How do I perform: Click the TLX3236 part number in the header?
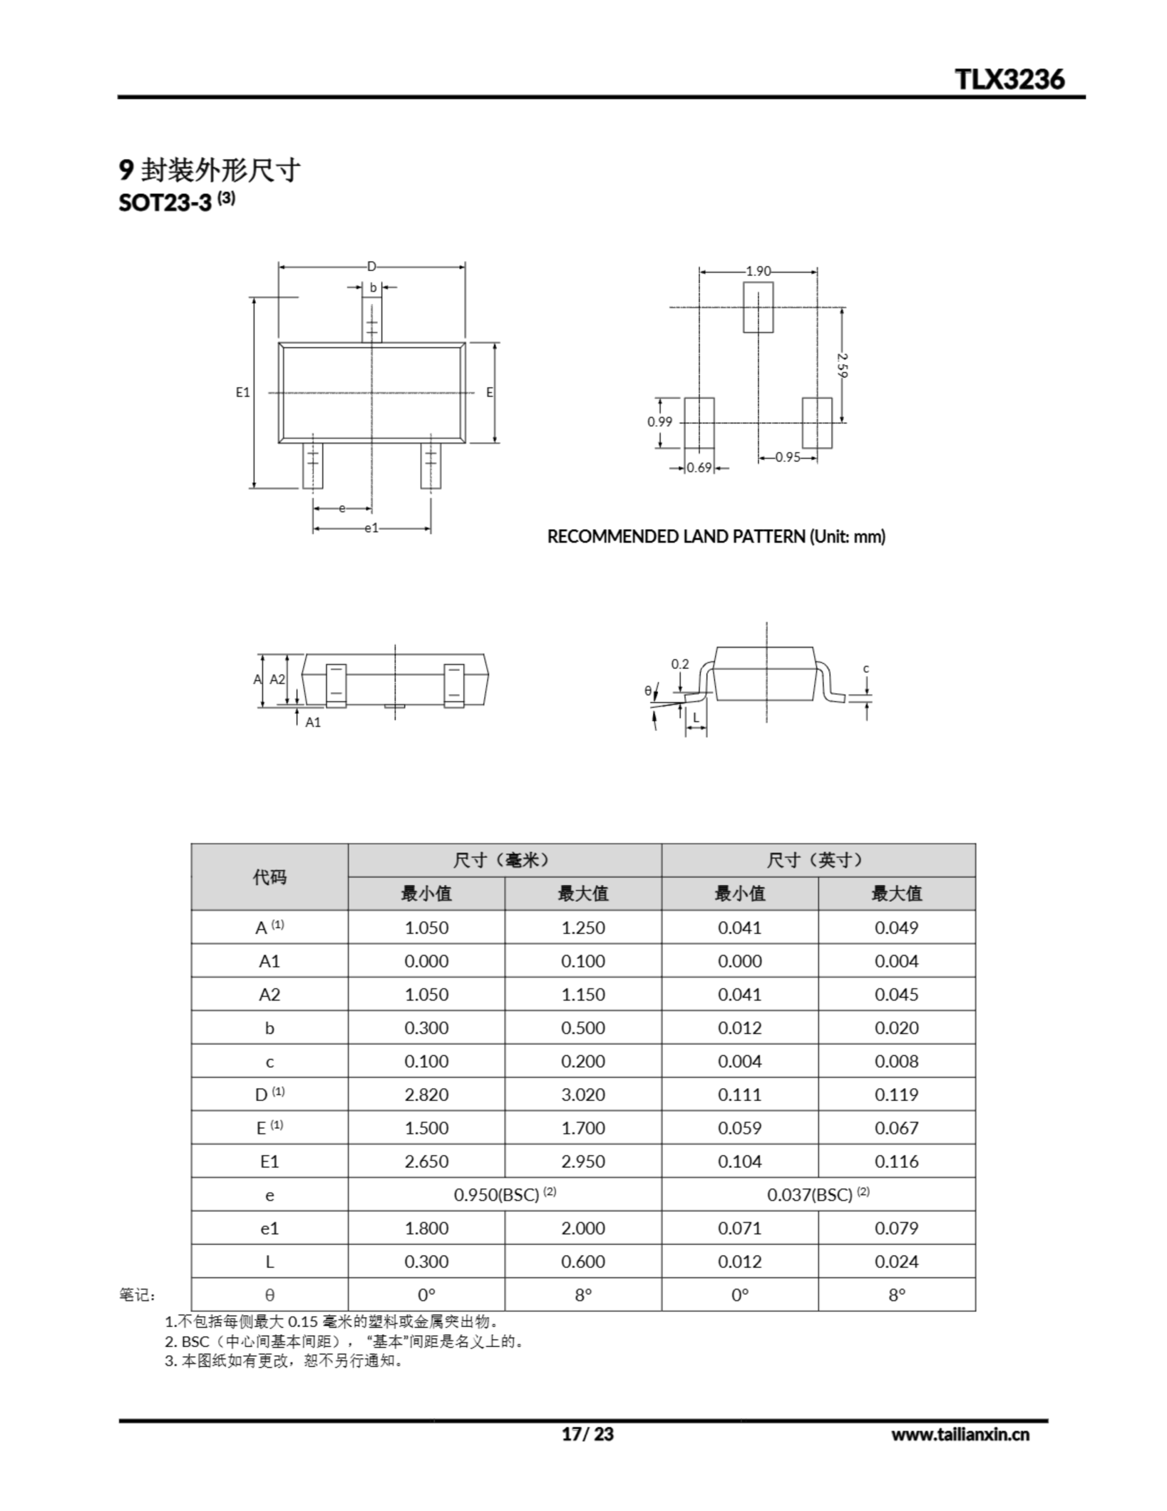click(1009, 79)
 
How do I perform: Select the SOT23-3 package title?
click(165, 202)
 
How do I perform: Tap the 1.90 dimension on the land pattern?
click(758, 271)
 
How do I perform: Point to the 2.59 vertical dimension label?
click(842, 365)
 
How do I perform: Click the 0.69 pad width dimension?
click(699, 467)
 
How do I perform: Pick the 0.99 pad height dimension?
click(659, 421)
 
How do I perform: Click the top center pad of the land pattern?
click(758, 306)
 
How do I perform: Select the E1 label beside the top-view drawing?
click(243, 393)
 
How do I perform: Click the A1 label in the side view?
click(313, 722)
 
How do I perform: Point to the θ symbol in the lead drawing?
click(647, 691)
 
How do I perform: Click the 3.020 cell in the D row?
click(582, 1094)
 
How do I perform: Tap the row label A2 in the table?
click(269, 994)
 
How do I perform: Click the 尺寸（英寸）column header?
click(818, 860)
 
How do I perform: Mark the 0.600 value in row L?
click(582, 1261)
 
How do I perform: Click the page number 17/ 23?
click(587, 1434)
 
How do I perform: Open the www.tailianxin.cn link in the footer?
click(959, 1434)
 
